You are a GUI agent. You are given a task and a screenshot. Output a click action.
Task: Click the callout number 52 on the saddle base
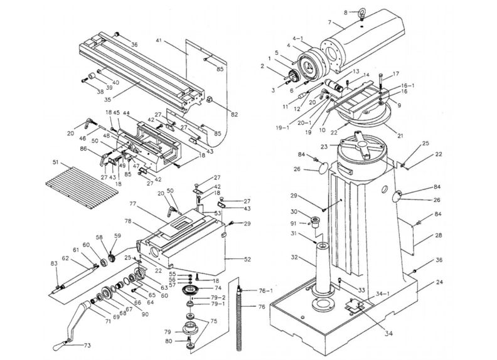230,258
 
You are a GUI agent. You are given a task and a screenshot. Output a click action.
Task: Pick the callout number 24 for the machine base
439,282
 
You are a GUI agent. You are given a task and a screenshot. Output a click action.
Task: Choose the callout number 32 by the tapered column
294,258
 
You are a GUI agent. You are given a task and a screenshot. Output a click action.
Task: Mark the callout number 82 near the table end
234,114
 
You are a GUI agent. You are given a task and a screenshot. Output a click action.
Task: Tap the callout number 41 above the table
159,40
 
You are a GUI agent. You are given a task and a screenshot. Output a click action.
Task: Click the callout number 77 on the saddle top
133,204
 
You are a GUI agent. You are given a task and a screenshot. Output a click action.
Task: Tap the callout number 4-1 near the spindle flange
298,39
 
